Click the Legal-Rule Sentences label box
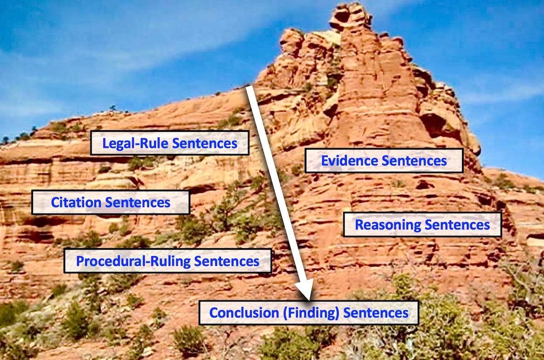(x=170, y=143)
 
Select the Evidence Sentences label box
(x=384, y=161)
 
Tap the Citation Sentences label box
(x=110, y=202)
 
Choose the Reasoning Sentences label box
(x=422, y=224)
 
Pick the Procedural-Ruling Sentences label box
(x=167, y=261)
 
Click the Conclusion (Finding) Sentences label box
(x=309, y=312)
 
